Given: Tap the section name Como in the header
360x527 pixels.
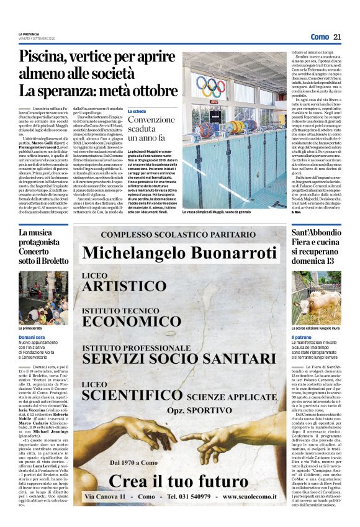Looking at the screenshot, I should [320, 37].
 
